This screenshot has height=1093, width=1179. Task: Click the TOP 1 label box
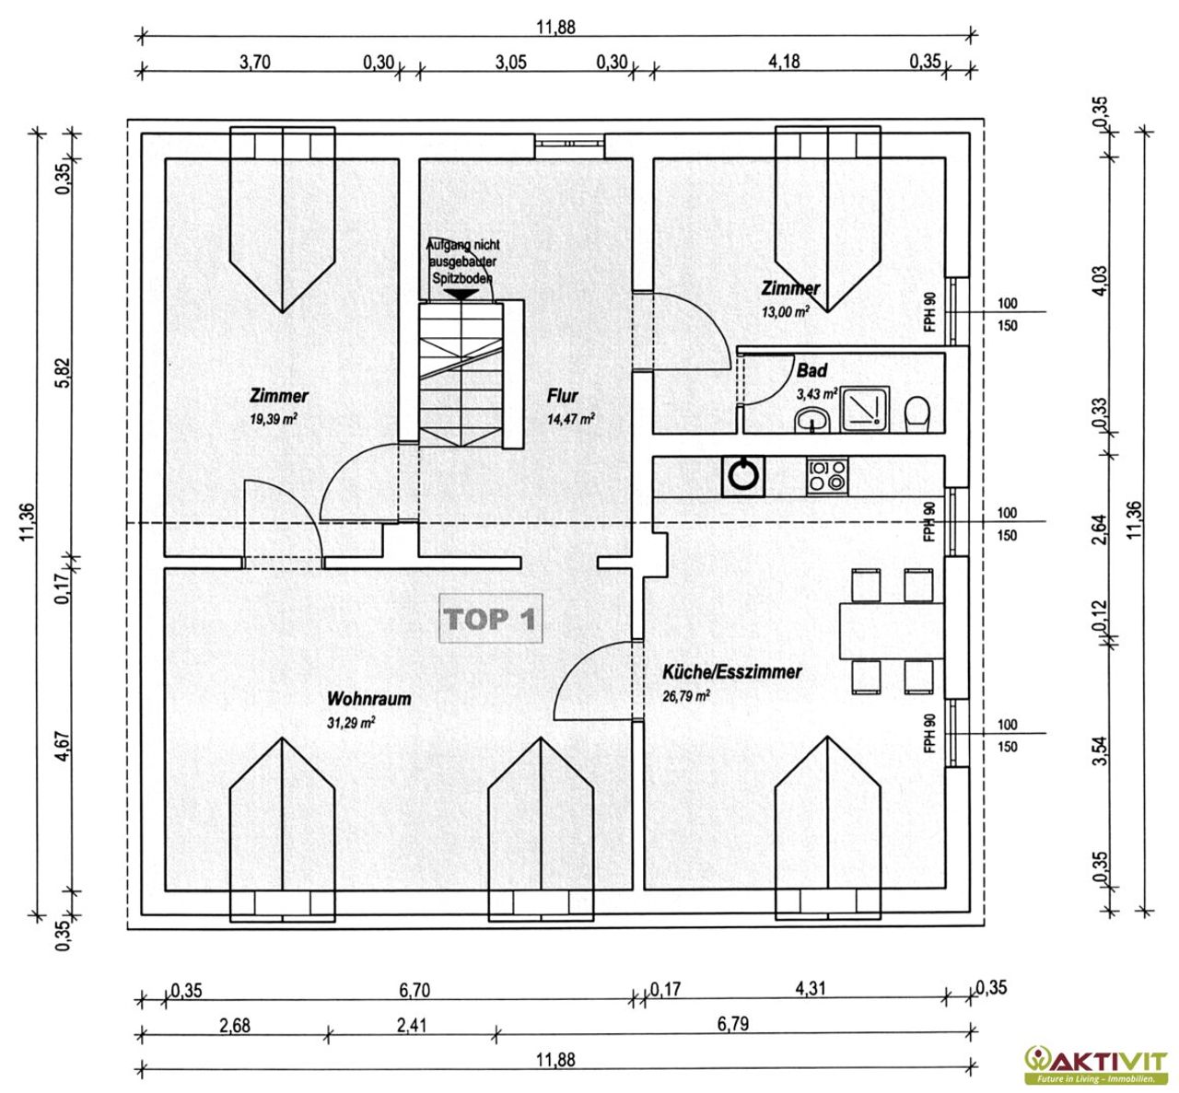490,618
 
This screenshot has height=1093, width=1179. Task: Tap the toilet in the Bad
917,413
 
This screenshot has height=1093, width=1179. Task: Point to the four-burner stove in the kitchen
827,476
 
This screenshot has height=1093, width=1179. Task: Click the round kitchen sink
742,476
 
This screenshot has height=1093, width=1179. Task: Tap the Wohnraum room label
368,699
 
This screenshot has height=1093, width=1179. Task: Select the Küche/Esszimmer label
732,672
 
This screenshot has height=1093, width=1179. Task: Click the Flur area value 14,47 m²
571,419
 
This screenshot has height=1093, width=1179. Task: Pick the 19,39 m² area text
273,419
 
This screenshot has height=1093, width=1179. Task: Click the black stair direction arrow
461,295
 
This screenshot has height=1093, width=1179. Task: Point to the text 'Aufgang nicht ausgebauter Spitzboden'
463,262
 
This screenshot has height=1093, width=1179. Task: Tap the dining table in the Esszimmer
891,631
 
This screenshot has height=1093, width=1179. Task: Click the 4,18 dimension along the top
784,61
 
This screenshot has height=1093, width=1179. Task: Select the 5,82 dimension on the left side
64,373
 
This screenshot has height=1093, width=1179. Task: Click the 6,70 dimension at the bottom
414,990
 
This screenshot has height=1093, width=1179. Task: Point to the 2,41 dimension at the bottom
412,1025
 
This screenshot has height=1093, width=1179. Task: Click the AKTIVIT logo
1096,1064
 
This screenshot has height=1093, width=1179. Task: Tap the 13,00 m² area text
785,311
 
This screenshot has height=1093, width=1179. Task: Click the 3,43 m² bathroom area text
817,393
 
